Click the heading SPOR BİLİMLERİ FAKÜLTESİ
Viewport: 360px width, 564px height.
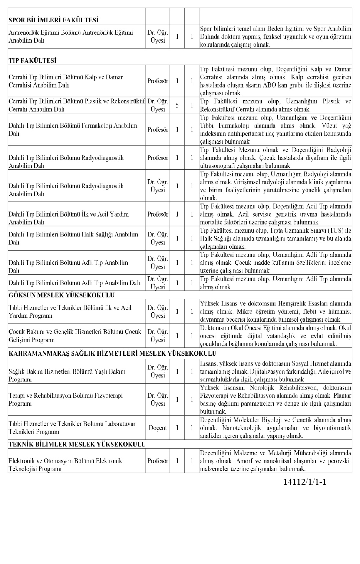coord(53,20)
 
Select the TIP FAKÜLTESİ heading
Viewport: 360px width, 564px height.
coord(33,61)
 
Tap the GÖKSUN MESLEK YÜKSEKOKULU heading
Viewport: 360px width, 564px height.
coord(61,295)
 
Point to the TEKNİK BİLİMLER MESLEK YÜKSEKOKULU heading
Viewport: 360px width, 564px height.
coord(77,444)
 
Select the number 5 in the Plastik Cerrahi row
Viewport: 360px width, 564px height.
coord(177,105)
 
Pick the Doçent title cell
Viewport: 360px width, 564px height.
coord(158,428)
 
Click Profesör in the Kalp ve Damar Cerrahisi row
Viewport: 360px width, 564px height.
coord(158,81)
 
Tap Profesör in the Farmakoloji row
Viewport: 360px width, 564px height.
coord(158,130)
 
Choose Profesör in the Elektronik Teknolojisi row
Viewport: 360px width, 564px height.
coord(158,461)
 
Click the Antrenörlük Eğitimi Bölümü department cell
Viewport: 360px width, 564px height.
coord(71,36)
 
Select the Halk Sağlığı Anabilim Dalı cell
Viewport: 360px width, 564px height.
coord(73,238)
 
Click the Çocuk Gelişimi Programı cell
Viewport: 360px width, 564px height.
coord(75,336)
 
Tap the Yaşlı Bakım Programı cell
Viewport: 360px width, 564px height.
coord(67,375)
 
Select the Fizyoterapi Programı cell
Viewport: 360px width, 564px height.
coord(65,399)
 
